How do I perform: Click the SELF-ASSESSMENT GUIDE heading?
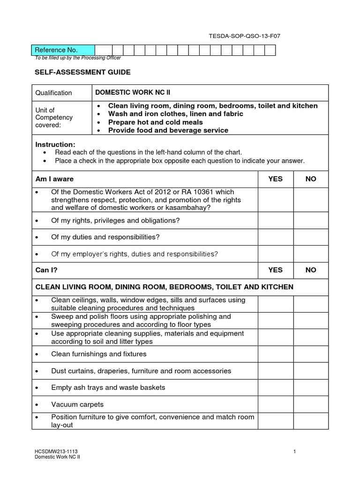point(83,72)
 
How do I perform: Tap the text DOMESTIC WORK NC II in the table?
point(127,93)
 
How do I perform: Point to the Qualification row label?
point(54,93)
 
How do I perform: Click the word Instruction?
point(55,144)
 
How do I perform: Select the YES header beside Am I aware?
point(275,179)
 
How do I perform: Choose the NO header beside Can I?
point(311,270)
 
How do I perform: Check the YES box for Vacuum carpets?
point(276,405)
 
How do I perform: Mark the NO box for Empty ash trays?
point(311,388)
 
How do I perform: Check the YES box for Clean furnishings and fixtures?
point(276,354)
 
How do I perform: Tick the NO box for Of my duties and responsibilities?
point(311,237)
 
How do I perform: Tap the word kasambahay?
point(184,208)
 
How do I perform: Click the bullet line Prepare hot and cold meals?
point(155,122)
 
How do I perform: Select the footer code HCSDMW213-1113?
point(53,451)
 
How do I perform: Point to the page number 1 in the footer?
point(294,451)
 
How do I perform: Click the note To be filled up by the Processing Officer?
point(78,58)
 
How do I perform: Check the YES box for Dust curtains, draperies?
point(276,371)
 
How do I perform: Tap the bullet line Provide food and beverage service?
point(168,130)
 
